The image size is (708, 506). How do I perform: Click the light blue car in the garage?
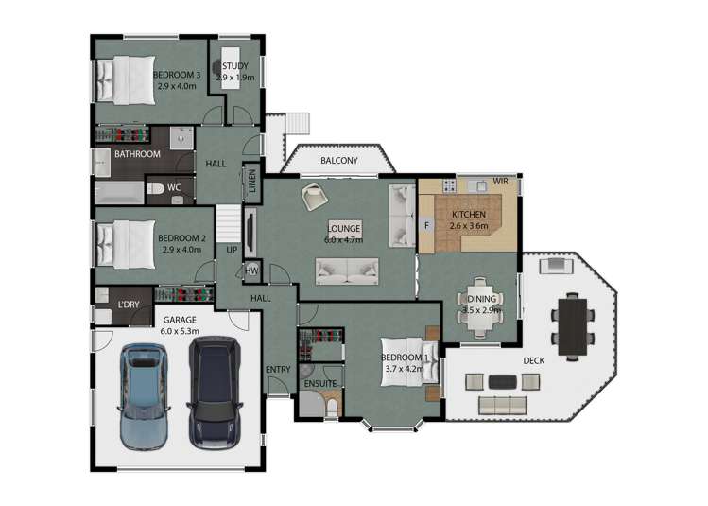click(x=143, y=396)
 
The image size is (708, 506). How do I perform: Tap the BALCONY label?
click(x=339, y=161)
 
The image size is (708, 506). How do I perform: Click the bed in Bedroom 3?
click(x=126, y=80)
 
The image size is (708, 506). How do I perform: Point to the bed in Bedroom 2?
click(x=126, y=244)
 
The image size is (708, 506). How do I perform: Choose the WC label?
click(x=174, y=187)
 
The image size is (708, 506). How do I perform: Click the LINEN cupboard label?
click(x=252, y=181)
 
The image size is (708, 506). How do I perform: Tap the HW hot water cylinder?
click(x=252, y=270)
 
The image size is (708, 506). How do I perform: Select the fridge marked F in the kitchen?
click(x=426, y=225)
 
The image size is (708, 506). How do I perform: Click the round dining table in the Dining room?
click(x=480, y=307)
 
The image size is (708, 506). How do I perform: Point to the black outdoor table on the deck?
click(x=573, y=326)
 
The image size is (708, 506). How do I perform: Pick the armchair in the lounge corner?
click(x=315, y=196)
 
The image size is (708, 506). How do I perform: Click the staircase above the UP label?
click(x=229, y=224)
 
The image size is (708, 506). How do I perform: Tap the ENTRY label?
click(x=278, y=370)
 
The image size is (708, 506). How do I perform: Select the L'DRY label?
click(x=129, y=305)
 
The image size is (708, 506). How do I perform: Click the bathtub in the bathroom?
click(x=119, y=193)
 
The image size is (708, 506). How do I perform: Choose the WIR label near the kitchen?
click(x=500, y=182)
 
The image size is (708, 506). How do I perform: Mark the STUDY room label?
click(x=234, y=66)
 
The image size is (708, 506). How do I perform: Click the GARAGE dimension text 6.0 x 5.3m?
click(x=180, y=331)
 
